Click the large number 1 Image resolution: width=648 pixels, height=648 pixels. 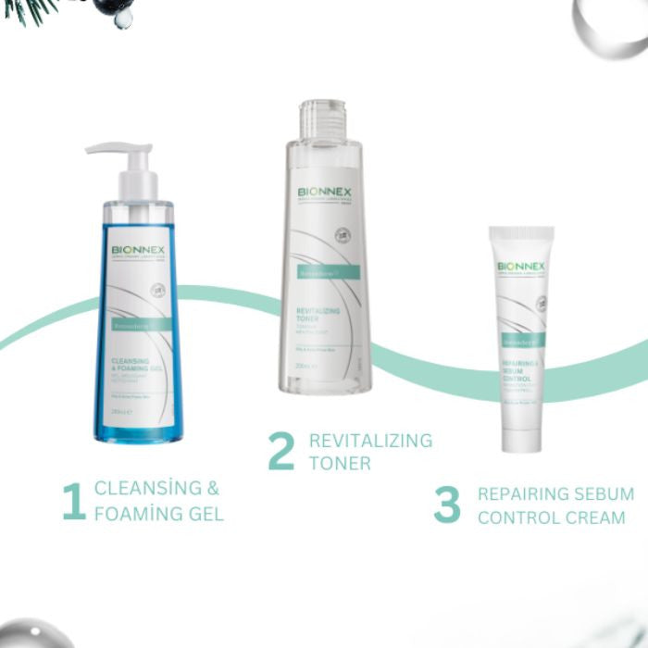click(x=73, y=501)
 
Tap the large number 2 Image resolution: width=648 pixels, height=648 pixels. click(x=281, y=451)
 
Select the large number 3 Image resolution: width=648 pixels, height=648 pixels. click(x=447, y=505)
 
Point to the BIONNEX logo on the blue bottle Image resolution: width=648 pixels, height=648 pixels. click(x=138, y=250)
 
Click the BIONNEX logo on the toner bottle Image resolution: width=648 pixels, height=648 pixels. click(x=324, y=194)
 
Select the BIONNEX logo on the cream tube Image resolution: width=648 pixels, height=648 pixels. click(x=521, y=267)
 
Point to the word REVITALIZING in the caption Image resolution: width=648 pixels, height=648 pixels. click(x=370, y=440)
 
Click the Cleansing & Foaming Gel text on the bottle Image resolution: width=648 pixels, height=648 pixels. click(x=138, y=368)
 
